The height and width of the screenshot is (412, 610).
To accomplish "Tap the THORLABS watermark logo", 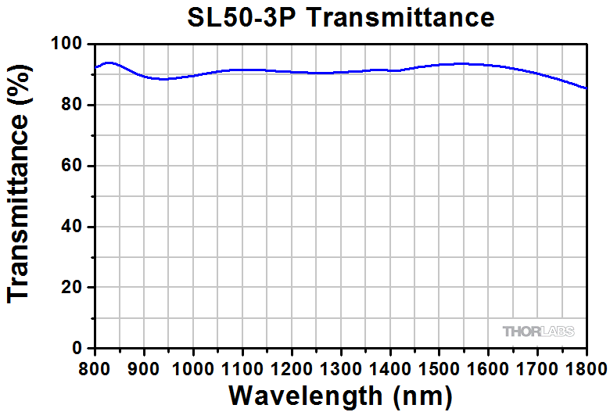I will [x=538, y=331].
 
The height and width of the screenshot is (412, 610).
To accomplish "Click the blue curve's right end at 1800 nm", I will [x=586, y=88].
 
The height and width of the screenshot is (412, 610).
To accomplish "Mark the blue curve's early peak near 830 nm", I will [x=108, y=63].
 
